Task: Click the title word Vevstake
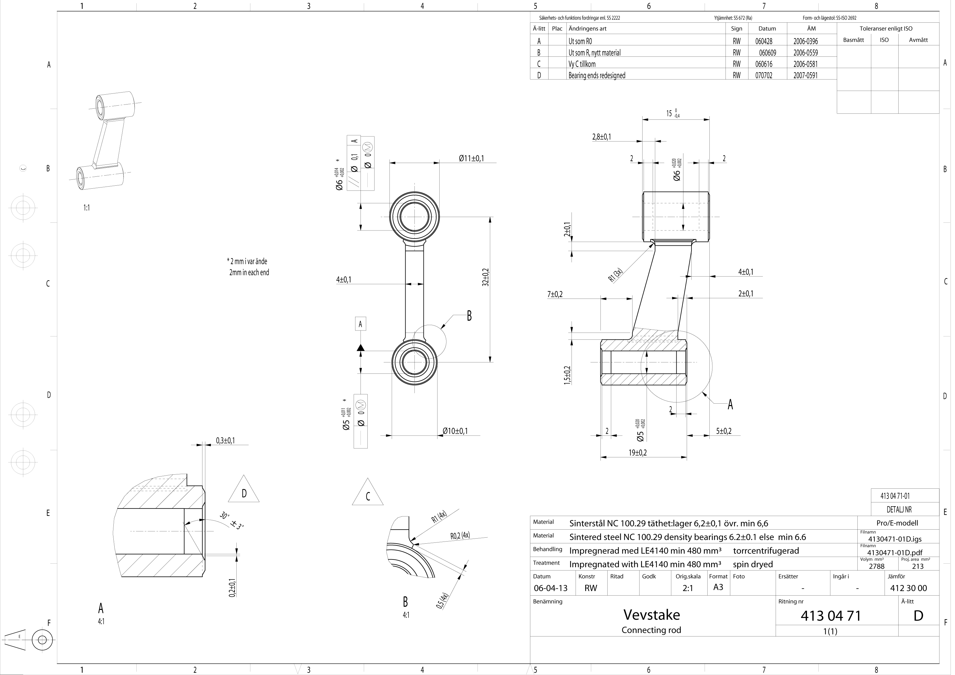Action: pos(651,615)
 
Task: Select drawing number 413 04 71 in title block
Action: pos(831,616)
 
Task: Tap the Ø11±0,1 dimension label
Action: pos(471,159)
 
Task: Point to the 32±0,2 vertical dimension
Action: pos(485,277)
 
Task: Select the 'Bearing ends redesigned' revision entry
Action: pos(597,75)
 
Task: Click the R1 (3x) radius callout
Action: pos(616,275)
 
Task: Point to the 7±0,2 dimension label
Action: pos(555,295)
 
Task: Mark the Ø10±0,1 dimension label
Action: pos(455,431)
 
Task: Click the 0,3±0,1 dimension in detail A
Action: pos(225,440)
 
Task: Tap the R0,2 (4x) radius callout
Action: pos(460,536)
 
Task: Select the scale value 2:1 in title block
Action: pos(688,588)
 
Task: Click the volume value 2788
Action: pos(877,566)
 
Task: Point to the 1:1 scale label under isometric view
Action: pos(87,208)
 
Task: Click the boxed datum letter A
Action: pos(360,324)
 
